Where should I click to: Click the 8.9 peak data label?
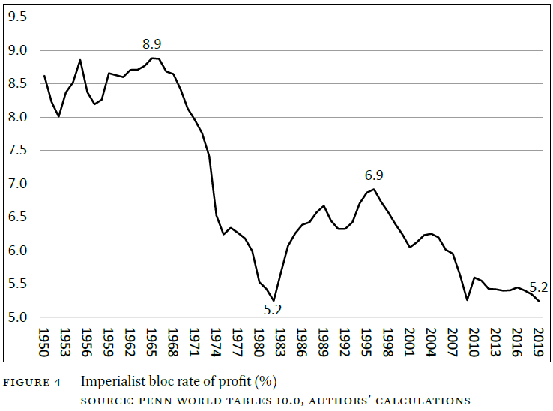click(x=151, y=44)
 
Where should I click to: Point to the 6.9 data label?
click(x=374, y=175)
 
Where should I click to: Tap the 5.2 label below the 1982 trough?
click(x=273, y=310)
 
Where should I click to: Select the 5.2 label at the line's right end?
click(x=539, y=287)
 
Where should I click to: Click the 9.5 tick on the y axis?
click(x=18, y=16)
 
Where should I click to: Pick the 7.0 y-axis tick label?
click(x=18, y=184)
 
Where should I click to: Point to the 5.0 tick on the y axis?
click(x=18, y=317)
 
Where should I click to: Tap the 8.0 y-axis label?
click(x=18, y=117)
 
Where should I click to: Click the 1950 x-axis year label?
click(x=43, y=342)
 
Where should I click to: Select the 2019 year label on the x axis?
click(x=538, y=342)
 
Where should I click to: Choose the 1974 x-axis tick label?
click(x=216, y=342)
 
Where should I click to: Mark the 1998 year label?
click(x=387, y=342)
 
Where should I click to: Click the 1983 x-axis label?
click(x=280, y=342)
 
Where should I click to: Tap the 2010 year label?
click(x=474, y=342)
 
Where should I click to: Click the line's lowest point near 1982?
click(x=274, y=301)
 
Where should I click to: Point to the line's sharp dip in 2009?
click(x=467, y=300)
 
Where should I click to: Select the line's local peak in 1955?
click(x=80, y=60)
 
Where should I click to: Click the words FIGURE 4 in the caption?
click(x=32, y=382)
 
